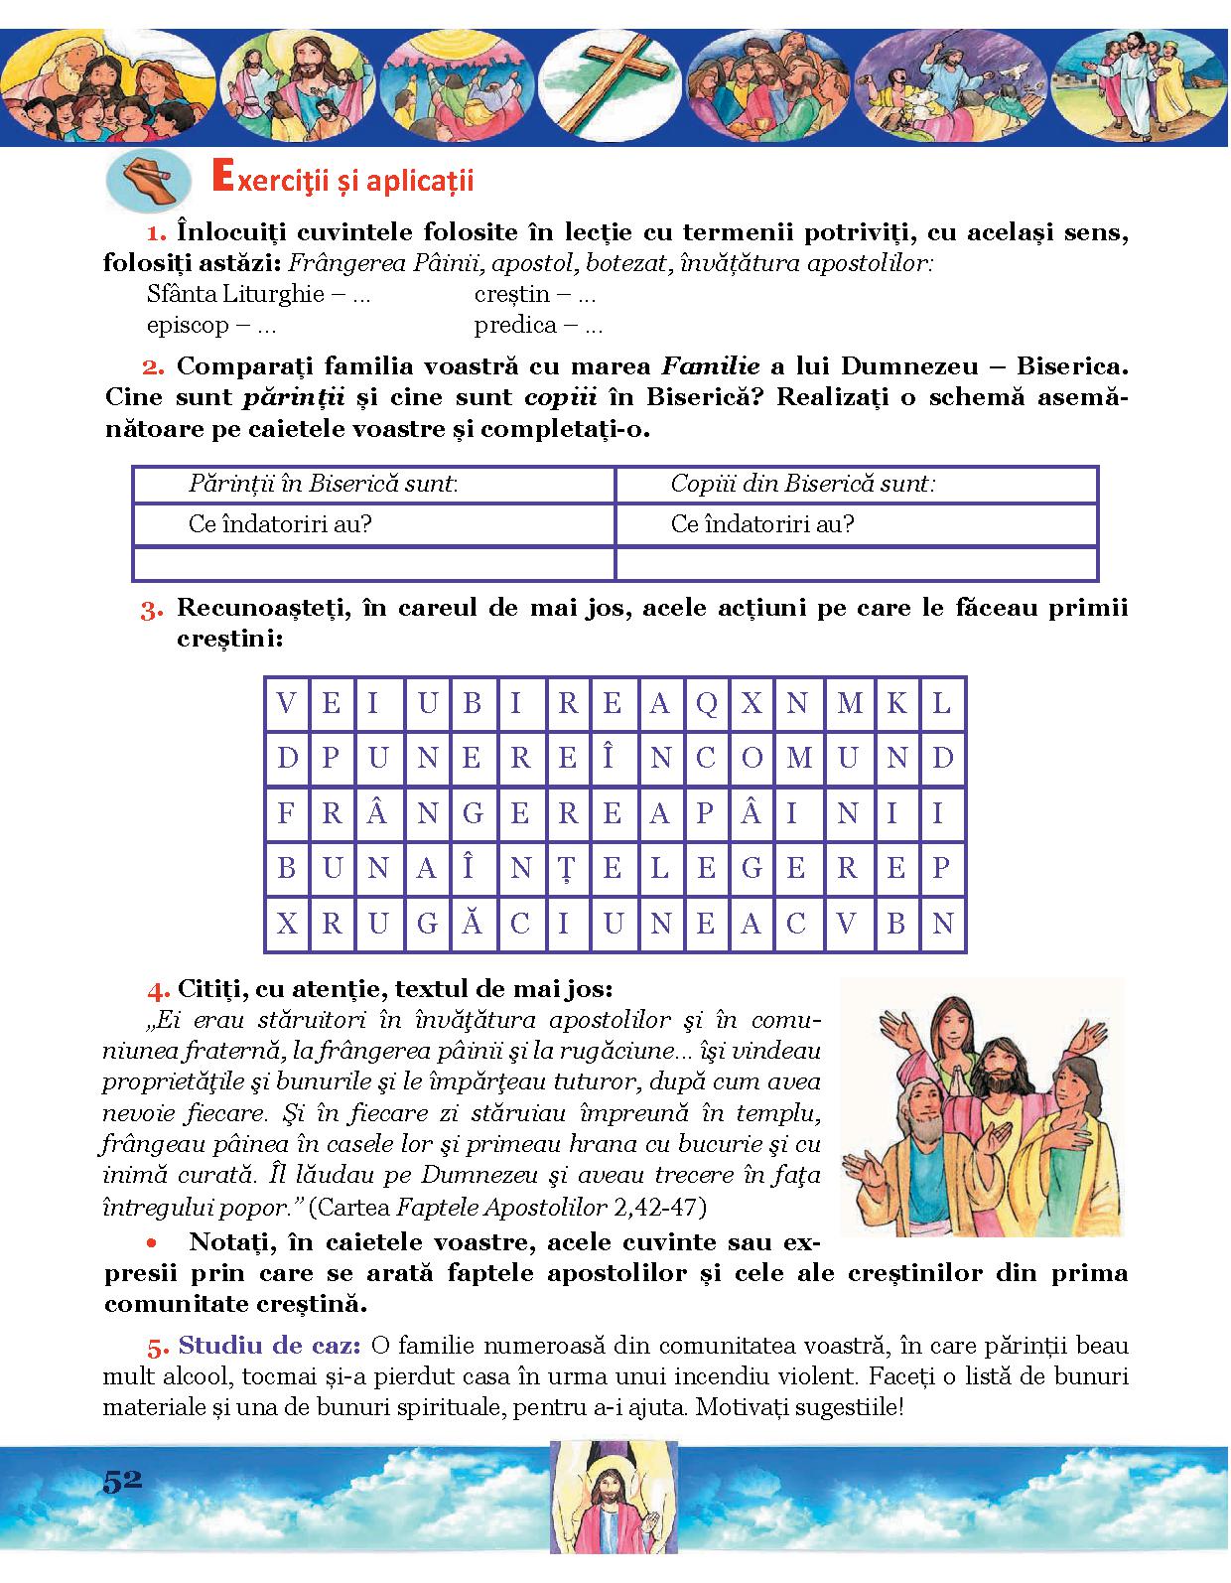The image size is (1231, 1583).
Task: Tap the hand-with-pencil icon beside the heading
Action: coord(147,181)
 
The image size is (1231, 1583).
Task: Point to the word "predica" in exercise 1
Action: coord(514,325)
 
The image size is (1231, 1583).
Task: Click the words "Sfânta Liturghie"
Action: coord(235,294)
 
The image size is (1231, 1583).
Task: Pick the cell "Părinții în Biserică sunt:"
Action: coord(323,485)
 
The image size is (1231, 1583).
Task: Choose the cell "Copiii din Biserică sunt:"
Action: coord(802,485)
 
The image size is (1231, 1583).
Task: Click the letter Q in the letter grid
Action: coord(706,704)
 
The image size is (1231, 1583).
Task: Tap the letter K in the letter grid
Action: coord(895,704)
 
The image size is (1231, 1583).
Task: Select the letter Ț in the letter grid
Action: coord(566,869)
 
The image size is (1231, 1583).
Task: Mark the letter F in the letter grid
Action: coord(286,814)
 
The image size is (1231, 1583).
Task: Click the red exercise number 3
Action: coord(151,611)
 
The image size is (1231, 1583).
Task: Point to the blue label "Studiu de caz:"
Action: coord(268,1347)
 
